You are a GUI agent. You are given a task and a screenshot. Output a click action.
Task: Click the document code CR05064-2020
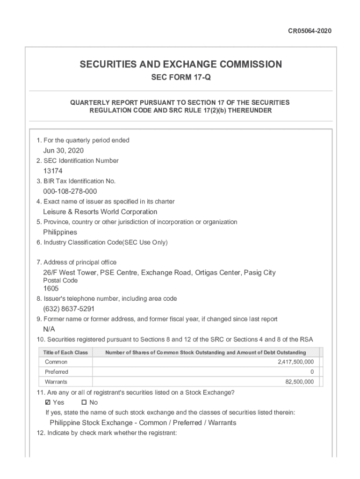(310, 31)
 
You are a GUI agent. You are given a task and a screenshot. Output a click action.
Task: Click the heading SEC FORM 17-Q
(180, 78)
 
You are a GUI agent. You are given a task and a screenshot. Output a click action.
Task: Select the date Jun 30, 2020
(64, 151)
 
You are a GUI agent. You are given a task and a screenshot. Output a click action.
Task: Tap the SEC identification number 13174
(53, 171)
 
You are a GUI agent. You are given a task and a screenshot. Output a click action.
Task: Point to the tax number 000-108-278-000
(70, 191)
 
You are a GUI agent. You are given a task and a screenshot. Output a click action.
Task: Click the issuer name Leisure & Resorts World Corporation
(100, 212)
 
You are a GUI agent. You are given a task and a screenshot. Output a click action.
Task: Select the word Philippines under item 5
(60, 232)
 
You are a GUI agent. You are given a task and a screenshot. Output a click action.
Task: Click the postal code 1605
(51, 289)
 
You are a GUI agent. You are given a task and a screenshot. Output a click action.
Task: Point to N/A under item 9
(49, 329)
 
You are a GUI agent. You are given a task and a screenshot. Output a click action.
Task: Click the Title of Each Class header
(65, 352)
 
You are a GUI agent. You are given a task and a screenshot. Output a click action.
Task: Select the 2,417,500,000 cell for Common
(295, 362)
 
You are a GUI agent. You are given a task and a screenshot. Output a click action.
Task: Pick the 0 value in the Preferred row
(312, 372)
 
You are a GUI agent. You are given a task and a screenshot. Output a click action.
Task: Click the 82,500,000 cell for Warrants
(299, 382)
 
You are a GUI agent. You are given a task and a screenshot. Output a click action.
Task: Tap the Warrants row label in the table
(56, 382)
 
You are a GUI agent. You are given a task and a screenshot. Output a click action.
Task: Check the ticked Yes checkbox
(48, 403)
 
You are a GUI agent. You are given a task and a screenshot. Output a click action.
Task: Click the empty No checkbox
(84, 403)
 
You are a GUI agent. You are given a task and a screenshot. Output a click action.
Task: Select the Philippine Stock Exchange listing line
(143, 423)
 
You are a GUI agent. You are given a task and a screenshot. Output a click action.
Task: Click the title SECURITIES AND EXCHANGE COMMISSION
(180, 65)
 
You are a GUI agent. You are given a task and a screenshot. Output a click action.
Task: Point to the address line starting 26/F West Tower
(159, 273)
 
